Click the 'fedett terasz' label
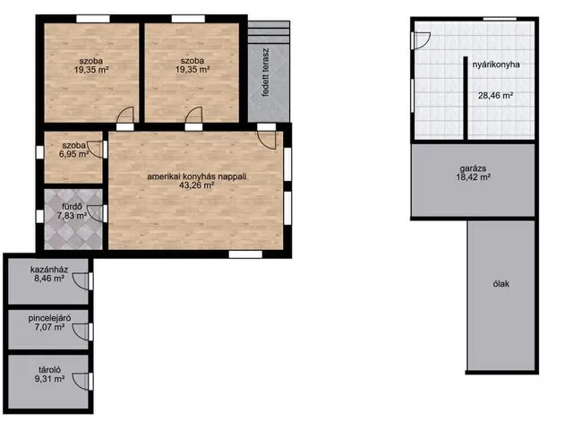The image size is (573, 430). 266,72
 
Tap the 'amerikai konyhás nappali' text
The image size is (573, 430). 197,176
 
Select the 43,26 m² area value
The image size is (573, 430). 196,185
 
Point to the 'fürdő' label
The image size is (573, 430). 72,207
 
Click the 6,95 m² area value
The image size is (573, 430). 73,154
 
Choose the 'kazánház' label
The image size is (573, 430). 49,270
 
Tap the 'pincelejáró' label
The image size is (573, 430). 50,318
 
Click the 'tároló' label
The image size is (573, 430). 50,370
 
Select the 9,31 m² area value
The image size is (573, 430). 50,379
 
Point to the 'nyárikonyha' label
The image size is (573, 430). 496,64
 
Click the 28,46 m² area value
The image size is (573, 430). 495,96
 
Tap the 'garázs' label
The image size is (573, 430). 474,168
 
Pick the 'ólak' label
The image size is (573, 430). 501,284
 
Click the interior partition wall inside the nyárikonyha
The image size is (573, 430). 466,98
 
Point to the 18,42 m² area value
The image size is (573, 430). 474,177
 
